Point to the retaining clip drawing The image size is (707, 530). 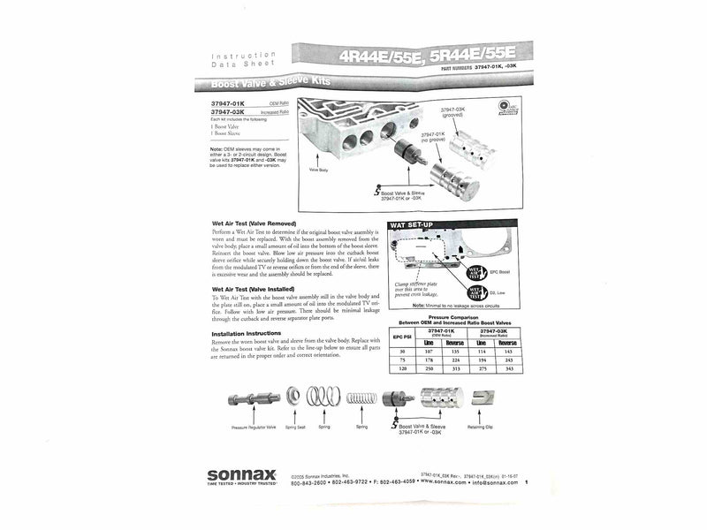(x=482, y=398)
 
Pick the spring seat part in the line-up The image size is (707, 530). (x=294, y=397)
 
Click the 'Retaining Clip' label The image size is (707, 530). (x=482, y=426)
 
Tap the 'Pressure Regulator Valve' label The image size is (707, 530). (x=255, y=427)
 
